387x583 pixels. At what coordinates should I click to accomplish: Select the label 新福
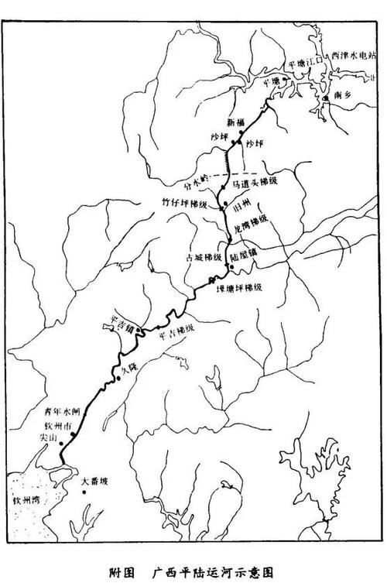click(x=235, y=123)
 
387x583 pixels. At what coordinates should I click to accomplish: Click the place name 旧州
click(x=242, y=209)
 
